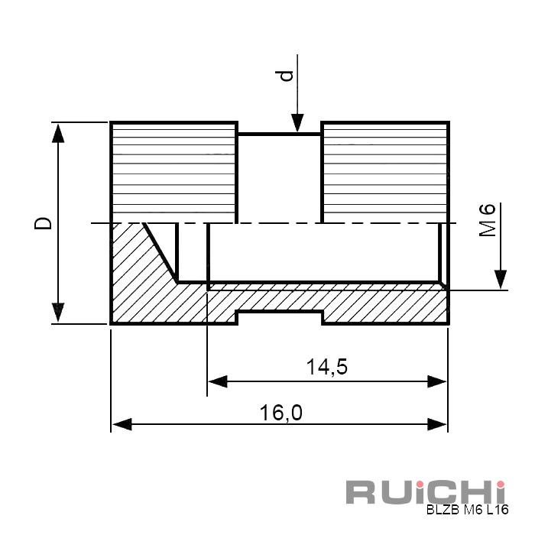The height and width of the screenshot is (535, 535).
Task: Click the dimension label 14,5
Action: pos(327,367)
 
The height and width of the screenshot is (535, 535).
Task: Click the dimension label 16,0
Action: pos(280,413)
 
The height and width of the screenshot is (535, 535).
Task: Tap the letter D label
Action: pos(43,223)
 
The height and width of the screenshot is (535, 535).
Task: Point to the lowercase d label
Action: pos(287,76)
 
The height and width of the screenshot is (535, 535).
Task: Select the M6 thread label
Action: pos(488,220)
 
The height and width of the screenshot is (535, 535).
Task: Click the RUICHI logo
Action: pos(426,491)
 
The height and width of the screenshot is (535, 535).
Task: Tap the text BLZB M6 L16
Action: pos(468,510)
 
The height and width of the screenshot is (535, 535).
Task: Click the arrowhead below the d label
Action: pos(297,123)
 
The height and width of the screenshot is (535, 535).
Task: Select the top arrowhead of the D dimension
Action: pos(58,134)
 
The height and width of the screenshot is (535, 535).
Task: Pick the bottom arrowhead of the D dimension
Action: pos(58,312)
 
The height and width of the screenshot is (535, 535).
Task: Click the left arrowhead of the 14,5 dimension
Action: pos(218,381)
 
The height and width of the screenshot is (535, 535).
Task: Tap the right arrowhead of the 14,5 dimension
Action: pos(437,381)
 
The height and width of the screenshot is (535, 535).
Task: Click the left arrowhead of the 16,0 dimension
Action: pos(122,424)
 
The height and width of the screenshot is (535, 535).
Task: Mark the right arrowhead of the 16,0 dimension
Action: pos(437,424)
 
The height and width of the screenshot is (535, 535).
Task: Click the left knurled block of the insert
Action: pos(173,172)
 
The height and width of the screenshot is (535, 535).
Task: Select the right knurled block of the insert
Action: pos(385,172)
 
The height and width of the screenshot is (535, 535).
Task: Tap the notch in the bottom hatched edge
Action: pos(280,317)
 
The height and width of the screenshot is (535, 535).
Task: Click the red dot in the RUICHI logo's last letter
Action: pos(501,485)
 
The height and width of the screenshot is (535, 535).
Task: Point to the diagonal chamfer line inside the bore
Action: pos(160,253)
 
